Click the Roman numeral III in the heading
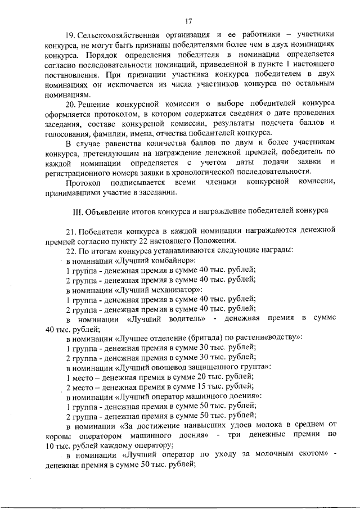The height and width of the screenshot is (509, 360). [78, 213]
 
